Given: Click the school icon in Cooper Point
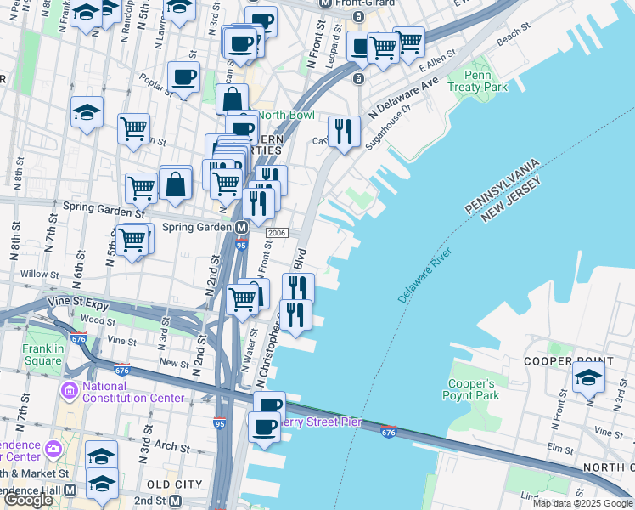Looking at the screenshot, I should (x=588, y=376).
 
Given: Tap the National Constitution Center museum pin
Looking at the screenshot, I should (x=69, y=392).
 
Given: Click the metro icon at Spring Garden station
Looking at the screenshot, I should (x=242, y=228).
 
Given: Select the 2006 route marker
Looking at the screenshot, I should (x=276, y=233).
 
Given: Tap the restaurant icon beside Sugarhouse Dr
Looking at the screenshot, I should (x=343, y=130).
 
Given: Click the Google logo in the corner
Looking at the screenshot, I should (x=28, y=500).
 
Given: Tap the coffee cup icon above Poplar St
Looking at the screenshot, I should (x=183, y=78).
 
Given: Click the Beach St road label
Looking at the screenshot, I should (x=513, y=40).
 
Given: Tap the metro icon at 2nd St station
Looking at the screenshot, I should (x=176, y=501).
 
